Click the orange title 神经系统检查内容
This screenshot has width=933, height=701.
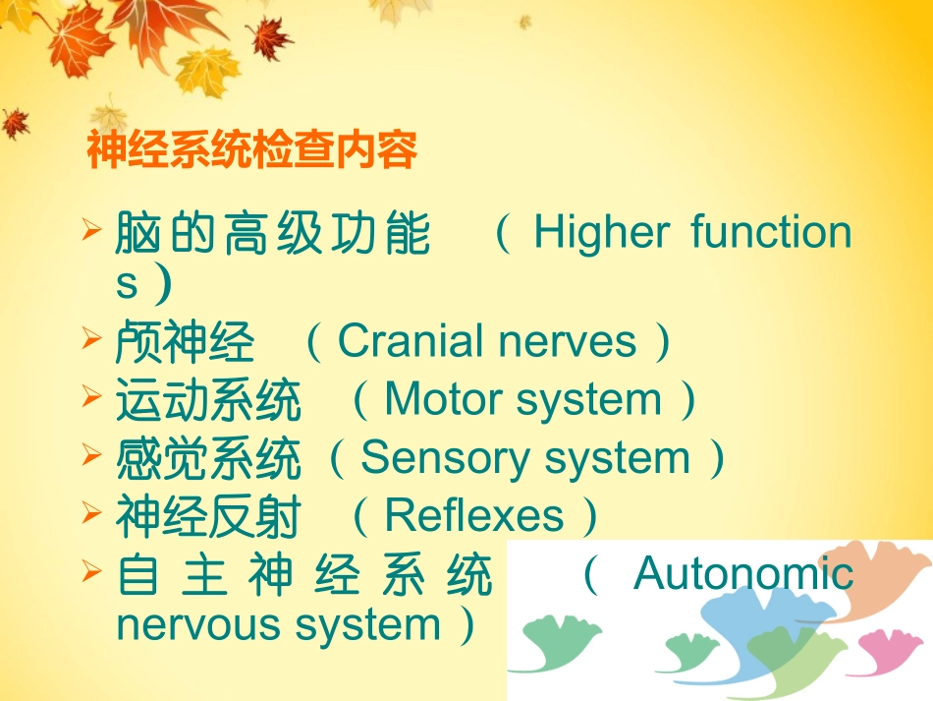(252, 151)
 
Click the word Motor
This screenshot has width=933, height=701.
(444, 400)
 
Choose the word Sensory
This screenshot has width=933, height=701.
(429, 458)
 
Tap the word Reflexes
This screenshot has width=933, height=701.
(474, 516)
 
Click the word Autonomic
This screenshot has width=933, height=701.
(743, 573)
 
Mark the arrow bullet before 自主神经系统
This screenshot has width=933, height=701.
(92, 570)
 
